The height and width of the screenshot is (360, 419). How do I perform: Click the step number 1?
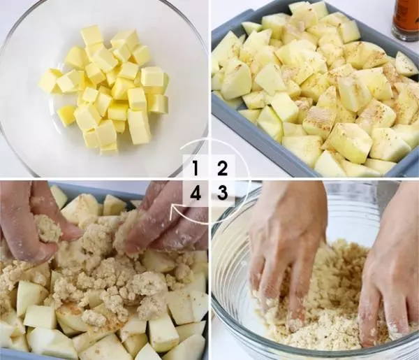click(x=196, y=168)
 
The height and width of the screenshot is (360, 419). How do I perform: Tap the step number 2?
click(x=222, y=168)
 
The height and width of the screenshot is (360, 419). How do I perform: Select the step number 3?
click(x=222, y=192)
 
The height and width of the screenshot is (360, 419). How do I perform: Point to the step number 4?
click(x=196, y=192)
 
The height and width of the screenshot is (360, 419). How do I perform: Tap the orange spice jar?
click(x=405, y=20)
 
